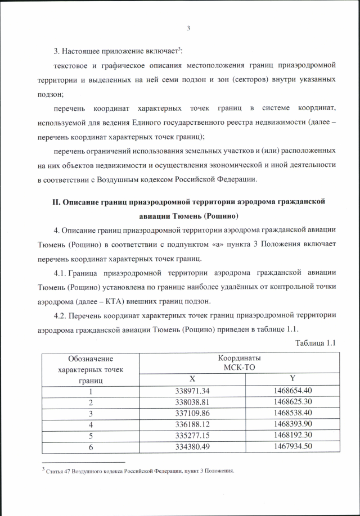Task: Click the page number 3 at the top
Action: pyautogui.click(x=188, y=29)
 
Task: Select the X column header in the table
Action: pyautogui.click(x=192, y=378)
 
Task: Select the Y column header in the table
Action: pyautogui.click(x=292, y=378)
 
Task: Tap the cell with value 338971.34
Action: pyautogui.click(x=192, y=391)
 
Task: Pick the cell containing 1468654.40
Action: pyautogui.click(x=292, y=391)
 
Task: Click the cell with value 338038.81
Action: pyautogui.click(x=192, y=402)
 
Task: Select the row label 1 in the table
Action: pyautogui.click(x=90, y=391)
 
